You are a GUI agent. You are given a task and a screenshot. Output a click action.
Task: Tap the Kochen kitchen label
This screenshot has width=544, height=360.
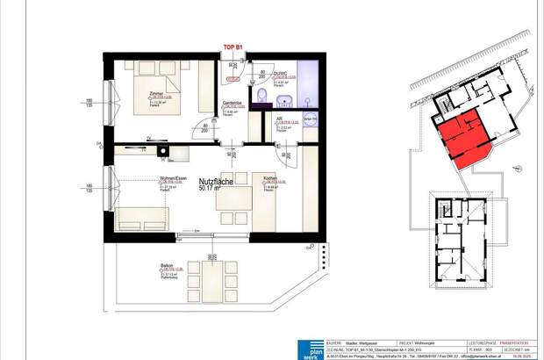pos(271,178)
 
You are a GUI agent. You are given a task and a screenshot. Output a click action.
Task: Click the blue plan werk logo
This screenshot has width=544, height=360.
pos(309,347)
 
